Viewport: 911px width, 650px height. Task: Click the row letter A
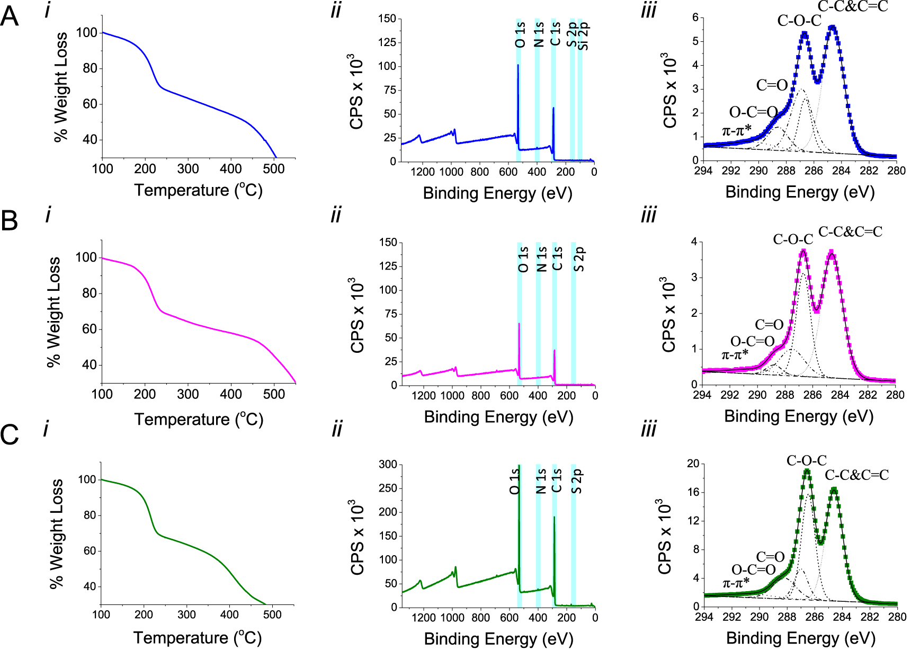point(10,17)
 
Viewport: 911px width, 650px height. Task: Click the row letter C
point(10,435)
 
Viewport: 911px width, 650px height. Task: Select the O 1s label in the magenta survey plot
point(523,259)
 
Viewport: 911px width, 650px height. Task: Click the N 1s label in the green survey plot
point(540,480)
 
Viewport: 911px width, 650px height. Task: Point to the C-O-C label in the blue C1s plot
point(799,21)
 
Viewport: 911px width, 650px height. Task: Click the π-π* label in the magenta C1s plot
point(735,354)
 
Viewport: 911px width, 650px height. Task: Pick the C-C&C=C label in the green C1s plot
point(856,475)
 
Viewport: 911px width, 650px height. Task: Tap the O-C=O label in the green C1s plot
point(753,569)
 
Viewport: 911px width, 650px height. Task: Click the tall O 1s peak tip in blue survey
point(518,65)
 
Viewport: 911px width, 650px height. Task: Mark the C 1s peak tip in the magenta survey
point(555,350)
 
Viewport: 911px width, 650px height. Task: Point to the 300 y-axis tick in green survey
point(388,465)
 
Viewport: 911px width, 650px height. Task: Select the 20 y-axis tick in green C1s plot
point(693,464)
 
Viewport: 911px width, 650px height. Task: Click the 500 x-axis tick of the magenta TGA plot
point(274,394)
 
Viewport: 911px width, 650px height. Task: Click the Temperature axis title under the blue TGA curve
point(198,190)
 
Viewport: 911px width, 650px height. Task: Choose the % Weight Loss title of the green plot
point(56,533)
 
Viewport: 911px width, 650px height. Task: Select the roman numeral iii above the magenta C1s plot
point(648,216)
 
